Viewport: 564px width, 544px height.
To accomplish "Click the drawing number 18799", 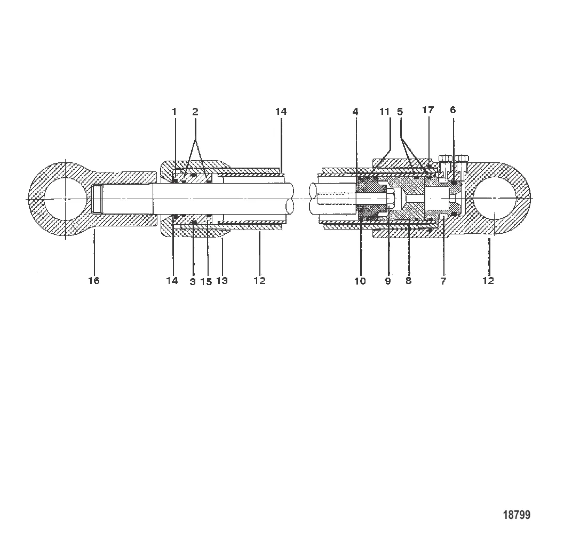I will pos(517,515).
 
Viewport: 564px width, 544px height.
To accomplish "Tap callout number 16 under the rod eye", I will pos(94,281).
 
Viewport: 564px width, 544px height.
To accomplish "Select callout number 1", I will pos(174,112).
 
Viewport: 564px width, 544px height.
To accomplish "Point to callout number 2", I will pos(195,112).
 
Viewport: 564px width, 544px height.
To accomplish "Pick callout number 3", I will pos(193,281).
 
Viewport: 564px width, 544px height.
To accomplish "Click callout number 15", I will pos(206,281).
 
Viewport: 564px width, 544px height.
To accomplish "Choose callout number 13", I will pos(222,281).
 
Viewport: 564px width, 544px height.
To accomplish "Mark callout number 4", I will pos(355,112).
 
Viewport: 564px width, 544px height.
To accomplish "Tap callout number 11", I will pos(385,112).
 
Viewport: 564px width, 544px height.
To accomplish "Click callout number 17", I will pos(428,110).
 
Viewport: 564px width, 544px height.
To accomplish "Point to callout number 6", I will pos(453,110).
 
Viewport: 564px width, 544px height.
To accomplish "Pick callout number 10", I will pos(361,281).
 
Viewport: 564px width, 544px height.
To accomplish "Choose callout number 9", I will pos(388,281).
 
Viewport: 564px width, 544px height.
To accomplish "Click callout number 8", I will pos(409,281).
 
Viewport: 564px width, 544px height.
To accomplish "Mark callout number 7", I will pos(443,281).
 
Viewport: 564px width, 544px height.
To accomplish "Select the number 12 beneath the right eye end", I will pos(488,281).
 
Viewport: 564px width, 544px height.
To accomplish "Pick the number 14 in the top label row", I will pos(281,112).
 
